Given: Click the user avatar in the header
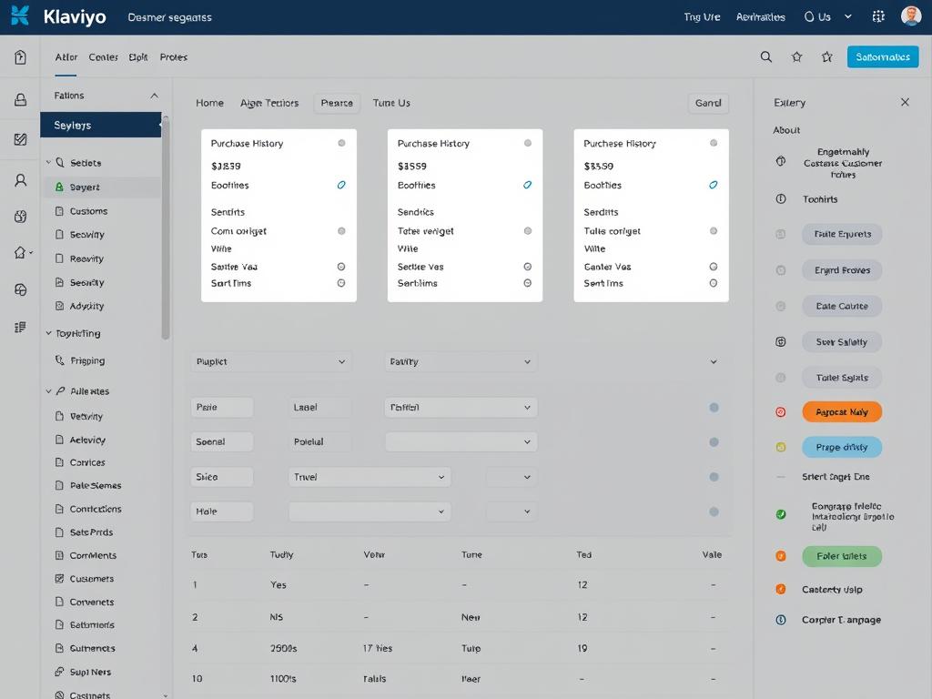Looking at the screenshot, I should pyautogui.click(x=910, y=16).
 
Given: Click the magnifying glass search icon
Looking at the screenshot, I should pyautogui.click(x=766, y=56).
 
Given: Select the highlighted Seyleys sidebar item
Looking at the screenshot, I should pyautogui.click(x=100, y=125).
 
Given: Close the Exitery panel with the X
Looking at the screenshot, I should pyautogui.click(x=905, y=102).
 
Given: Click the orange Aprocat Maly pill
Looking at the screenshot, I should pyautogui.click(x=842, y=412).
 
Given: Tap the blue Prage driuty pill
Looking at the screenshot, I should pyautogui.click(x=842, y=447).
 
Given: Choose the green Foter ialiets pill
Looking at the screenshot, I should pyautogui.click(x=842, y=556).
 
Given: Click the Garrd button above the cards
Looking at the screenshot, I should pyautogui.click(x=708, y=103).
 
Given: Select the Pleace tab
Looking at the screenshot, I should pyautogui.click(x=337, y=103).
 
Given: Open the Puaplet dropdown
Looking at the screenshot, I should pyautogui.click(x=270, y=361).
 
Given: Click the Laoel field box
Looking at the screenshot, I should pyautogui.click(x=319, y=408).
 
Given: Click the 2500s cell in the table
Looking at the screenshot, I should pyautogui.click(x=284, y=649).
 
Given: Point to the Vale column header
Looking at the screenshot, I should pyautogui.click(x=712, y=554).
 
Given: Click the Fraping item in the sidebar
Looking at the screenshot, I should pyautogui.click(x=87, y=360).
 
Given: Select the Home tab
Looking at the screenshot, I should pyautogui.click(x=209, y=103).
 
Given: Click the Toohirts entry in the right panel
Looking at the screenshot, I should pyautogui.click(x=820, y=198).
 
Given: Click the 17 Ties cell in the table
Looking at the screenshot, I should pyautogui.click(x=378, y=649).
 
